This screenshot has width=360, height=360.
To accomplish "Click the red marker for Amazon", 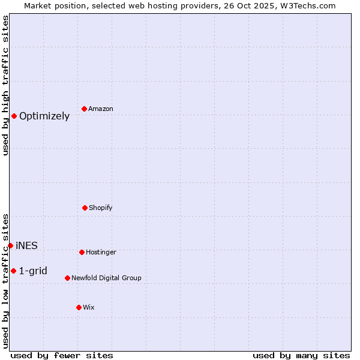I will tap(84, 109).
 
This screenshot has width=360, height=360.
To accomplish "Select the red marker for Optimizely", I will tap(14, 116).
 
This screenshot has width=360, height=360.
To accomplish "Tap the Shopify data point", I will tap(85, 208).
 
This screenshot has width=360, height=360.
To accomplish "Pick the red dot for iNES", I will tap(10, 245).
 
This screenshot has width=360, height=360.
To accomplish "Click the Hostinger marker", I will tap(82, 252).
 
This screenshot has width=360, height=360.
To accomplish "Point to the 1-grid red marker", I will tap(13, 271).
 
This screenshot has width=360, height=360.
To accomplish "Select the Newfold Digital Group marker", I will tap(67, 278).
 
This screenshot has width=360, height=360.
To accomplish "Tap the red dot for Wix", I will tap(79, 307).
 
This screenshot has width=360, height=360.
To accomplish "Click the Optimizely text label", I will tap(44, 116).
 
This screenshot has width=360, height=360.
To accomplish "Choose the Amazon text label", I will tap(101, 109).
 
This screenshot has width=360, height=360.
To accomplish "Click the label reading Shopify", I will tap(101, 208).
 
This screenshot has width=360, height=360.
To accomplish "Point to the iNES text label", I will tap(26, 245).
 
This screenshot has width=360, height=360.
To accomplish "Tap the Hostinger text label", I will tap(101, 252).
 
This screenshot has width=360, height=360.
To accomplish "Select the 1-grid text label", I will tap(33, 271).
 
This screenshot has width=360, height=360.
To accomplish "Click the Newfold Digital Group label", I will tap(106, 278).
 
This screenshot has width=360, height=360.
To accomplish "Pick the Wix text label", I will tap(89, 307).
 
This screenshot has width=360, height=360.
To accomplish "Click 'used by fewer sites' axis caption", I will tap(62, 355).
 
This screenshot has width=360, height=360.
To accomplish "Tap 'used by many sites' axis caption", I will tap(301, 355).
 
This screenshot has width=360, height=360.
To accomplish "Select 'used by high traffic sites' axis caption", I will tap(5, 85).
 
